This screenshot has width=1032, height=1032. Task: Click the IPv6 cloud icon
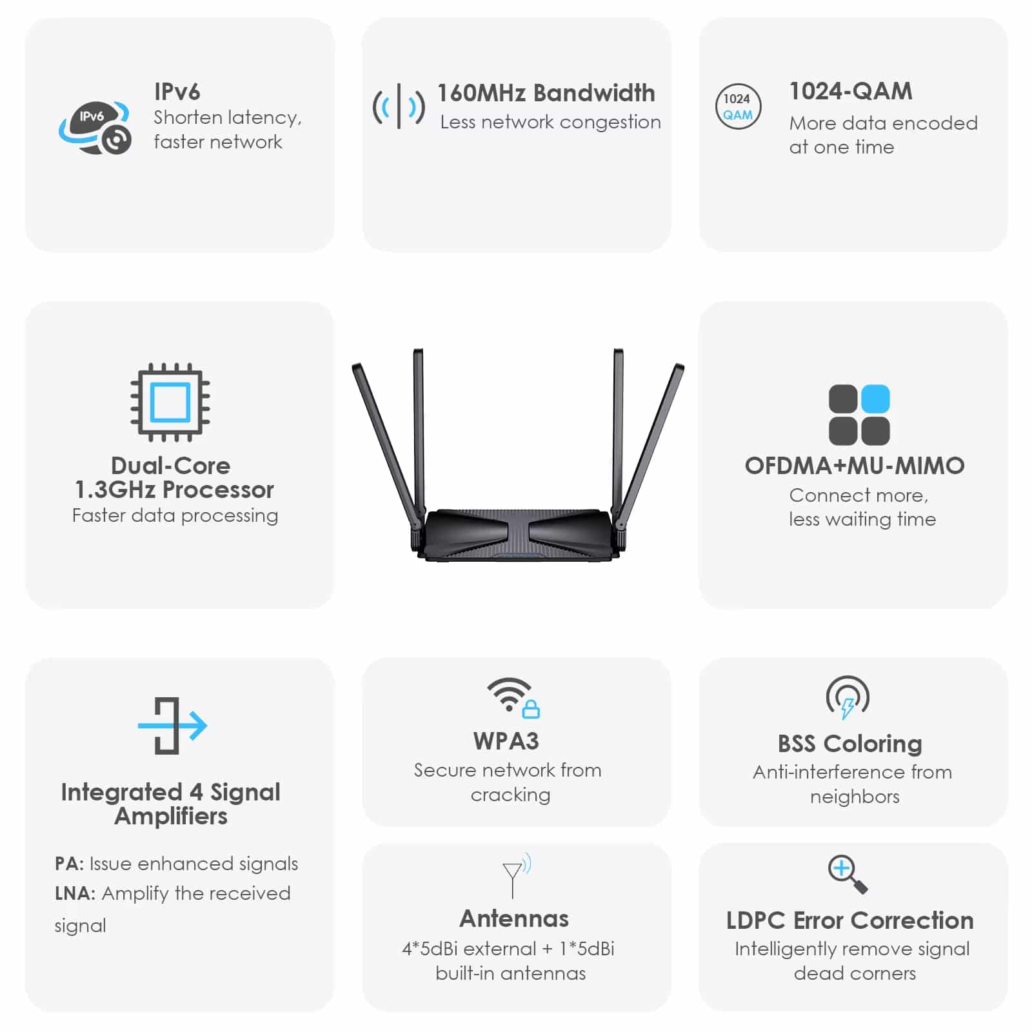[x=95, y=127]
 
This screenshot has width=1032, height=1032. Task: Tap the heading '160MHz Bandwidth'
[x=546, y=93]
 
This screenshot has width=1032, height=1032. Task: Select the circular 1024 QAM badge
[x=738, y=106]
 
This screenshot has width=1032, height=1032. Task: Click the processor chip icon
[x=170, y=402]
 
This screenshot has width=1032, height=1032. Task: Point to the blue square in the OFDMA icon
[x=875, y=399]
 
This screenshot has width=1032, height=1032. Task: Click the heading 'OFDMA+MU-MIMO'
[x=855, y=466]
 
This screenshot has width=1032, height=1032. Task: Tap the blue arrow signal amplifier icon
[x=172, y=726]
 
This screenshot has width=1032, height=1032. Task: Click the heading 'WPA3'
[x=506, y=741]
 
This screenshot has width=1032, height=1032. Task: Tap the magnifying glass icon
[x=848, y=874]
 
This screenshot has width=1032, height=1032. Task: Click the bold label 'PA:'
[x=70, y=864]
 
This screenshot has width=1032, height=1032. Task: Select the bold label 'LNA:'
[x=75, y=893]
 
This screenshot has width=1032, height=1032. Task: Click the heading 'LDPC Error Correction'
[x=850, y=920]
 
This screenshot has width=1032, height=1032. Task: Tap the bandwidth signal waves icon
[x=399, y=106]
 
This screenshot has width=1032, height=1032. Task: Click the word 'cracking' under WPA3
[x=510, y=795]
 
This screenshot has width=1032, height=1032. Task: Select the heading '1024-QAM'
[x=851, y=92]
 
